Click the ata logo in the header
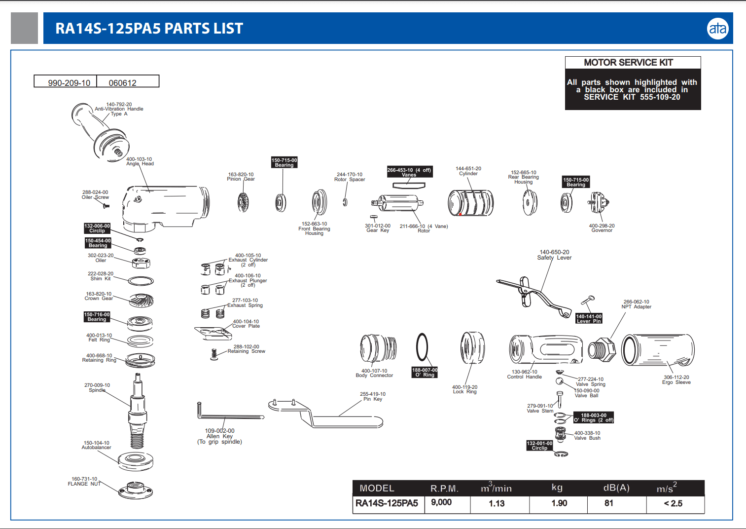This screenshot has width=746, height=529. (717, 29)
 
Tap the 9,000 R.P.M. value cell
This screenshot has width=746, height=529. (441, 502)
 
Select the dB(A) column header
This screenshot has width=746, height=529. (616, 488)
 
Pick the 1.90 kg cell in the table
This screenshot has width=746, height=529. (559, 503)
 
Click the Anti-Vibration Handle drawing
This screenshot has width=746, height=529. (101, 131)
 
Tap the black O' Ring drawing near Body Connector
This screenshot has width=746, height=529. (422, 347)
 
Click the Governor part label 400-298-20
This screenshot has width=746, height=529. (602, 228)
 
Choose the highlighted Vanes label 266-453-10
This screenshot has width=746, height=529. (409, 172)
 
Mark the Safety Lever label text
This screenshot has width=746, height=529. (554, 255)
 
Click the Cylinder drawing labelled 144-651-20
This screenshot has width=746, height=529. (470, 203)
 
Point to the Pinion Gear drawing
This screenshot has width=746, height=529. (243, 202)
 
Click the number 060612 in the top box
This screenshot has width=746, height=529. (122, 83)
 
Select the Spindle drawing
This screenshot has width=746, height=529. (138, 410)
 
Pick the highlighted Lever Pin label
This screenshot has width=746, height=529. (589, 318)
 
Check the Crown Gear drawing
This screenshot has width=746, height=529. (142, 300)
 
